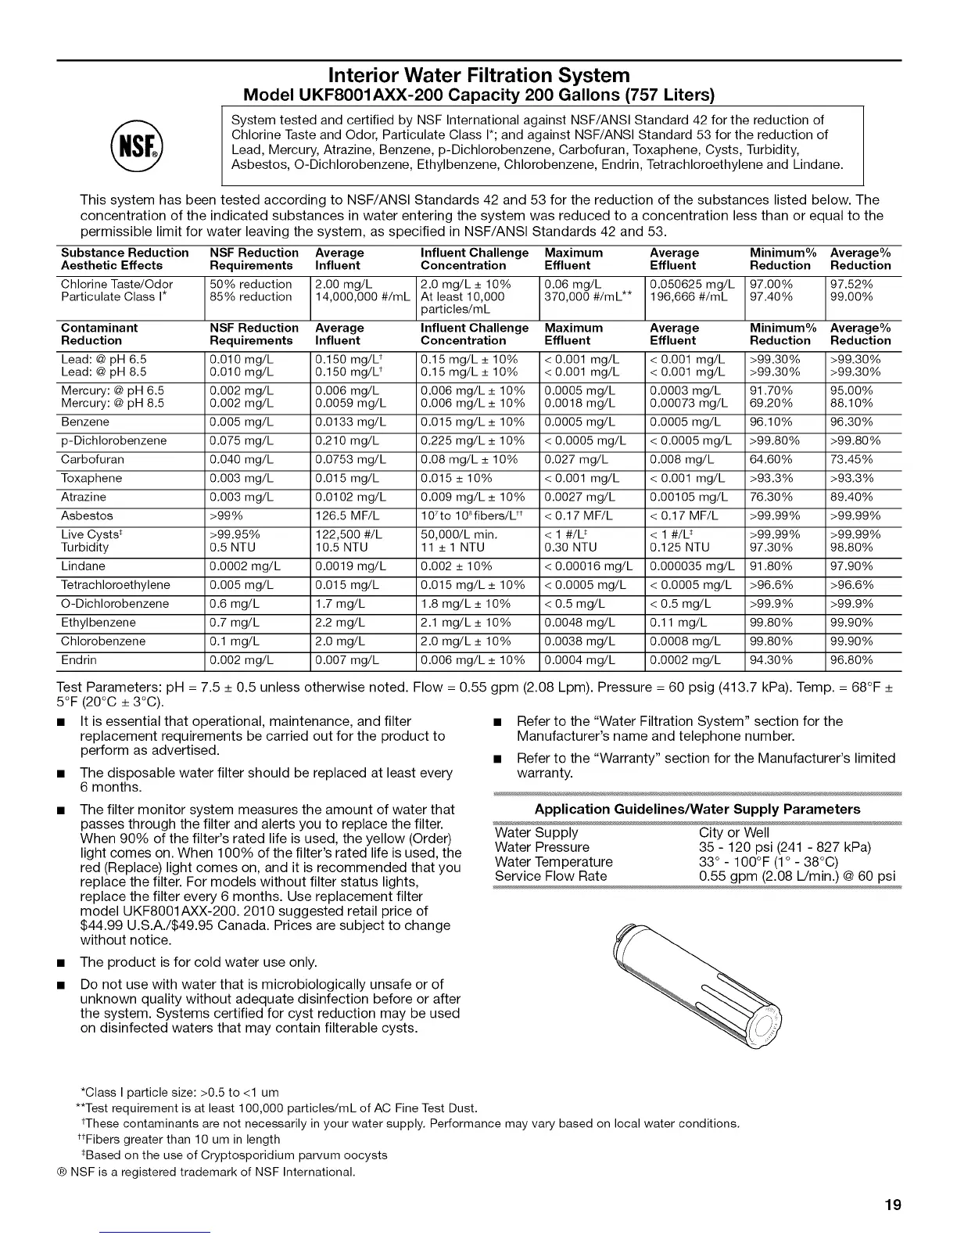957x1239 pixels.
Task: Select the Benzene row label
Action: (85, 422)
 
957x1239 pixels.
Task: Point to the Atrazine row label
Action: (84, 497)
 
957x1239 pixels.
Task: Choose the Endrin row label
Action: (79, 660)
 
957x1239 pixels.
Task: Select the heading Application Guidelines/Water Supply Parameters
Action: (697, 809)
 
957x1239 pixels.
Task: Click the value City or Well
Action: (733, 833)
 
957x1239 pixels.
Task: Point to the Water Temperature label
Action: (554, 862)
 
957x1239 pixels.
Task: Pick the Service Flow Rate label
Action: (550, 876)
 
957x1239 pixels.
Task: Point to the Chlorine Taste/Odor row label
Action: (116, 285)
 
